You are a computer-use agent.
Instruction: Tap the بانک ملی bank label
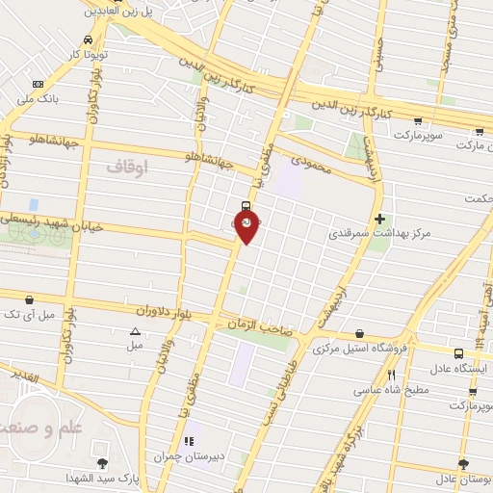click(39, 98)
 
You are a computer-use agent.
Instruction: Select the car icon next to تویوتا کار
click(89, 40)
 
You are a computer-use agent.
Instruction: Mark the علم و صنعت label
click(36, 416)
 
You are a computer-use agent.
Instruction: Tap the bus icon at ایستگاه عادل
click(458, 353)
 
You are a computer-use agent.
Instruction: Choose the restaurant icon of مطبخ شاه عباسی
click(391, 375)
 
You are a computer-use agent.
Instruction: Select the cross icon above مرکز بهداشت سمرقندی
click(379, 219)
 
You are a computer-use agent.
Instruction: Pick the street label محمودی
click(310, 169)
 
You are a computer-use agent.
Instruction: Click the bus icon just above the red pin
click(246, 205)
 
